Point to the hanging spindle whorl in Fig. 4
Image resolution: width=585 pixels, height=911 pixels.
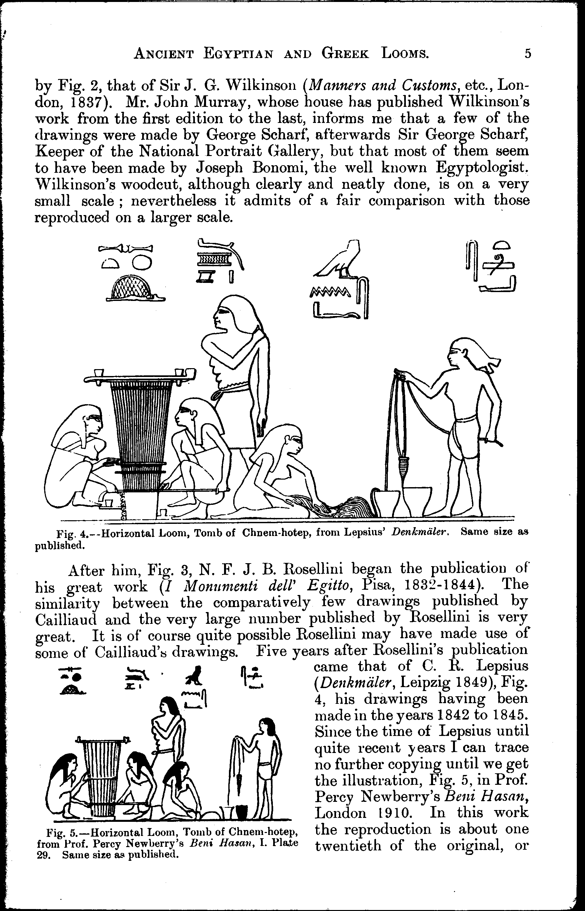click(x=404, y=465)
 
